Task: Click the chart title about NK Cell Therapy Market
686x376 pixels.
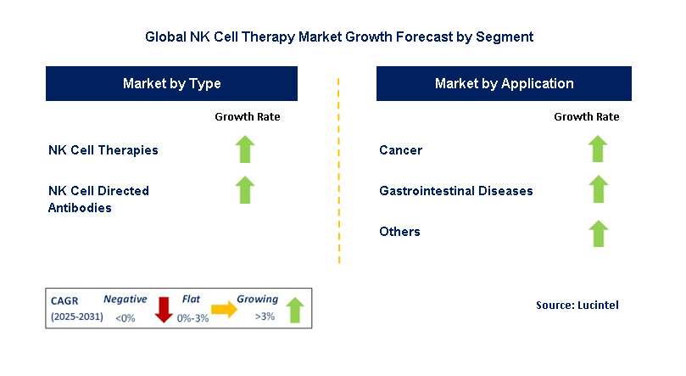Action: [339, 37]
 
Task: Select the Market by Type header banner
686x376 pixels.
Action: [171, 83]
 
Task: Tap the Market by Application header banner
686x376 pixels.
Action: [504, 83]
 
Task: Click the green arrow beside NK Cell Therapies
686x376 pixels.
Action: [245, 149]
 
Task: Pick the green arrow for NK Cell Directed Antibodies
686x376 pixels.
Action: [245, 190]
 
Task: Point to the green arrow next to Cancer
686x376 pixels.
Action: [598, 149]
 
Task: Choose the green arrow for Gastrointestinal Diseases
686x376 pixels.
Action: [598, 190]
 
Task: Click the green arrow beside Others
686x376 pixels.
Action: [598, 232]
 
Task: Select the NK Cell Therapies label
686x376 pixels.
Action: [103, 150]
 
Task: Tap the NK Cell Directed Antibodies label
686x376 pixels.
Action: [98, 199]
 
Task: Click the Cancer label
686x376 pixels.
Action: [400, 150]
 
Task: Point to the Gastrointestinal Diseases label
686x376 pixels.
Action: [456, 191]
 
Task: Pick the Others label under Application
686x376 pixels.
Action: [399, 232]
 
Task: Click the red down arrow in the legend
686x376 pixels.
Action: [164, 310]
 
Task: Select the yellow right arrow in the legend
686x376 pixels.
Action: [225, 310]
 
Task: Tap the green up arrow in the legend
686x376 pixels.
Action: [294, 310]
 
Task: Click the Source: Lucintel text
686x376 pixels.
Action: [577, 305]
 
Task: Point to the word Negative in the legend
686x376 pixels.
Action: [125, 299]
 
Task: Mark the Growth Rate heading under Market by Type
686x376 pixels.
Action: [247, 117]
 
